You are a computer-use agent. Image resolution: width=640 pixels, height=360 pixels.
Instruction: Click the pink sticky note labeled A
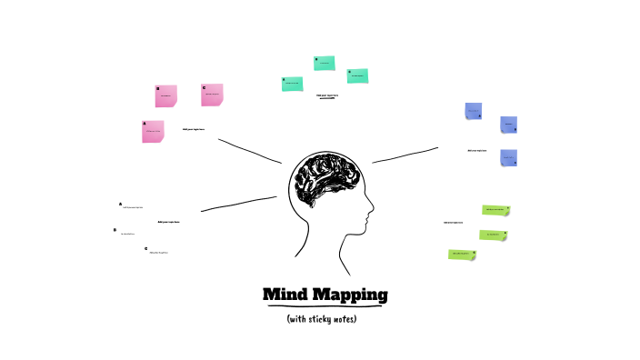pos(153,132)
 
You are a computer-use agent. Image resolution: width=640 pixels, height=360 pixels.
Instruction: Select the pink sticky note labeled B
pos(165,95)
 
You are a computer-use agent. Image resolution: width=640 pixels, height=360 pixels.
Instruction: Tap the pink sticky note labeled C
pos(212,94)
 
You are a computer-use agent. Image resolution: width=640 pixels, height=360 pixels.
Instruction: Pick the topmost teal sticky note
pos(324,63)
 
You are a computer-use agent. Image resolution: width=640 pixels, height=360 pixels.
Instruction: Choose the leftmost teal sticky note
pos(292,84)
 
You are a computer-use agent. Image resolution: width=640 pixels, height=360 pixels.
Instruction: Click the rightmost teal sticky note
pos(357,75)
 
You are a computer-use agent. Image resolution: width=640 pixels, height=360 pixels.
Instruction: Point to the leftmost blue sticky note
pos(474,112)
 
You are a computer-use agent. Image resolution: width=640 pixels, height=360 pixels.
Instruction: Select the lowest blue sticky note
pos(508,157)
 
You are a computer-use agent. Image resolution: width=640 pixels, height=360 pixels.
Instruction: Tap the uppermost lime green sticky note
pos(495,210)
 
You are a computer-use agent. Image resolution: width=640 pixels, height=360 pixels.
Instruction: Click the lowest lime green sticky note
pos(462,254)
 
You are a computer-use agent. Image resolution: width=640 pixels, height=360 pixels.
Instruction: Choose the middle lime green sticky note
pos(493,235)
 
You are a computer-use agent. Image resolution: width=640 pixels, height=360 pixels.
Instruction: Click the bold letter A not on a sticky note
pos(120,205)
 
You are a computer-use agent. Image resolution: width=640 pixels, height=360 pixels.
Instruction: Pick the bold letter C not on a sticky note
pos(145,247)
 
